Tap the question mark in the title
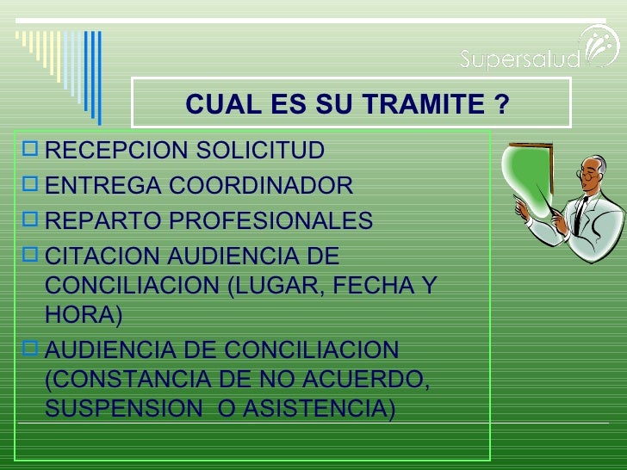501,104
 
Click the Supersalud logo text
519,59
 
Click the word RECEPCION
117,151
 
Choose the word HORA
78,315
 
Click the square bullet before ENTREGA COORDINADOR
32,184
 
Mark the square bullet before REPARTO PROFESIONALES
32,220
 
